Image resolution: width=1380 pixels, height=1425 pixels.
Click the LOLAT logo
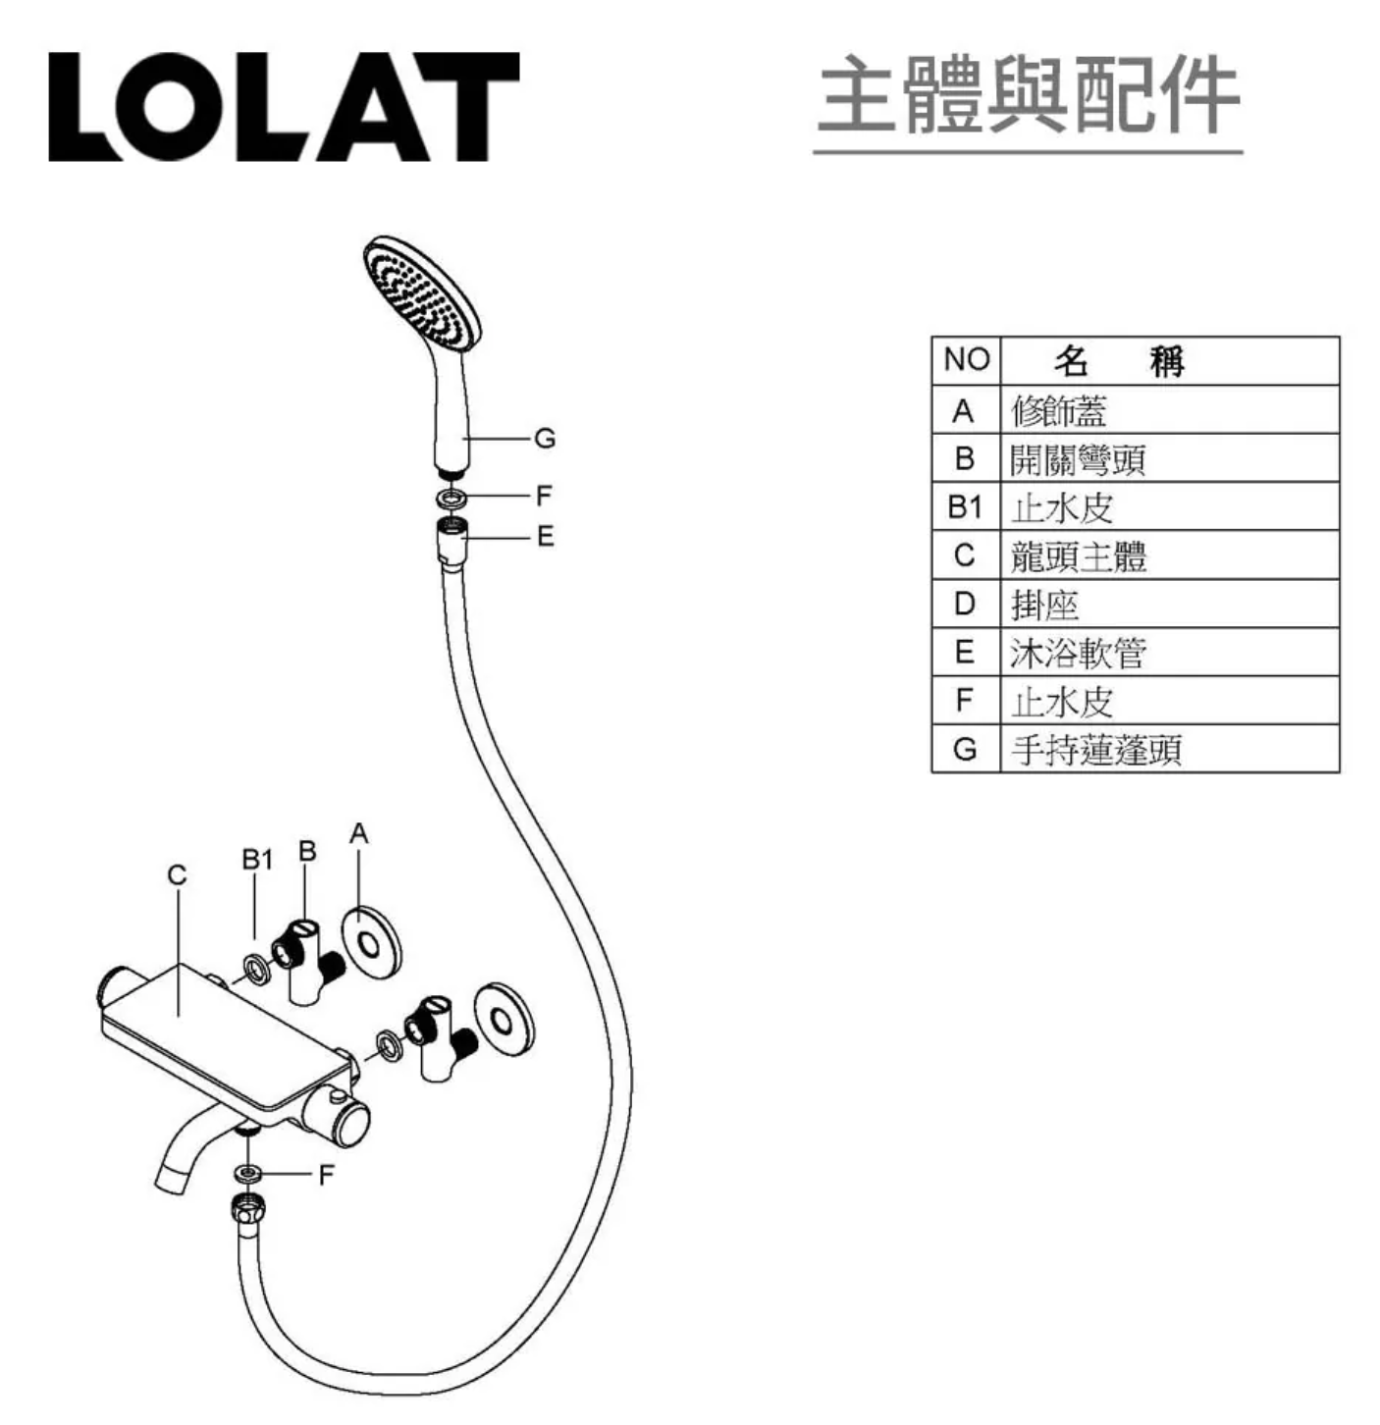coord(285,107)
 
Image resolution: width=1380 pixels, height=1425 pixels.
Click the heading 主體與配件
coord(1028,94)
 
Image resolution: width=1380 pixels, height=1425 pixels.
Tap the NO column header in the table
coord(966,359)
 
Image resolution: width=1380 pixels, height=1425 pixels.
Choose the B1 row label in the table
coord(965,506)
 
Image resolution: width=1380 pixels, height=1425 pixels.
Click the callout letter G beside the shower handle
coord(545,439)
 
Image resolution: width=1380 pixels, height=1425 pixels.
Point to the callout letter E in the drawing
coord(545,537)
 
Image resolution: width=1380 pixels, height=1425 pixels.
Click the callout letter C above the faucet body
coord(178,875)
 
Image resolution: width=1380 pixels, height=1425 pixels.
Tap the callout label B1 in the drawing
coord(257,860)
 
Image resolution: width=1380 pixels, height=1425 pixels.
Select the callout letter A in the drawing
coord(359,833)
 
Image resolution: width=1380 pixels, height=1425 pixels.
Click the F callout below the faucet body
coord(326,1176)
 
